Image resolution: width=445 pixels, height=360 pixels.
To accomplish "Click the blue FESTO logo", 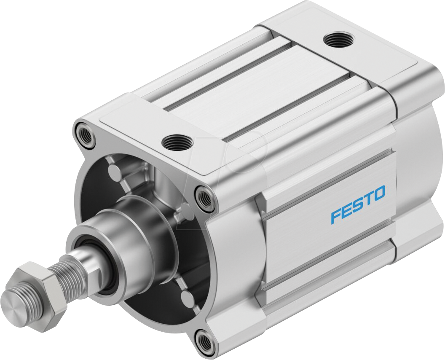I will (x=358, y=204).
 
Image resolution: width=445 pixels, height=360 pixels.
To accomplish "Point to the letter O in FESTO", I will (x=379, y=193).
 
